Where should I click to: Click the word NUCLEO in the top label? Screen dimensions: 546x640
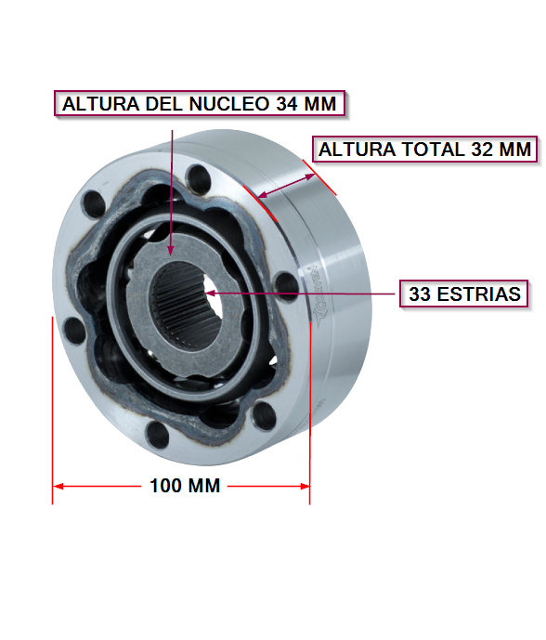[x=229, y=104]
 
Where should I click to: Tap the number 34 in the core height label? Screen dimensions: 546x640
[x=287, y=104]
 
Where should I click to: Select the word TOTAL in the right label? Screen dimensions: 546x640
[x=434, y=150]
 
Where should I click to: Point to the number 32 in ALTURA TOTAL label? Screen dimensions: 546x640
[x=482, y=150]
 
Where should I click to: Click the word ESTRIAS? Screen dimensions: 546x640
[x=478, y=294]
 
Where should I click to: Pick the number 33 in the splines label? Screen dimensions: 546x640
[x=420, y=294]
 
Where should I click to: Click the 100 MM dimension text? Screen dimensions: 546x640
[x=185, y=486]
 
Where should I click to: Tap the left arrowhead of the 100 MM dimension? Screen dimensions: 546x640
[x=58, y=486]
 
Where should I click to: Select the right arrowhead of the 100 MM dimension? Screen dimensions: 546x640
[x=305, y=486]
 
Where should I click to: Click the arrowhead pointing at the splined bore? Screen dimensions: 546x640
[x=210, y=293]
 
